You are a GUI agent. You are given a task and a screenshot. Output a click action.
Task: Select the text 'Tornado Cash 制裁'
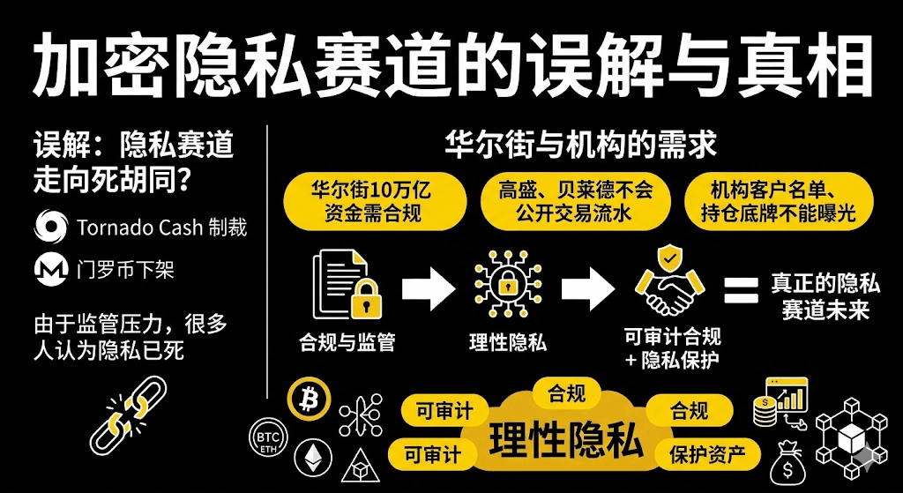(x=161, y=227)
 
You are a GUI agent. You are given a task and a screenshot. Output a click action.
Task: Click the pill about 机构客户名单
(x=772, y=201)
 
